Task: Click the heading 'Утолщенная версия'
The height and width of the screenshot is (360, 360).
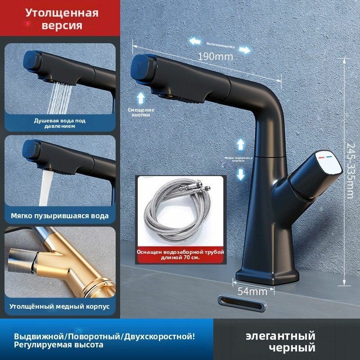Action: pos(62,18)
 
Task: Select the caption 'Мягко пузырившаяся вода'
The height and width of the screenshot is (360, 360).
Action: pos(60,216)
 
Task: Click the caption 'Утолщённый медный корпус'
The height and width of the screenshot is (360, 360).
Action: pos(60,306)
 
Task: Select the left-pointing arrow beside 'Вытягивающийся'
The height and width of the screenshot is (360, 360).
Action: pos(195,41)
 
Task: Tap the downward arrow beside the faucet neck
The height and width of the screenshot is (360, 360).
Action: pos(241,174)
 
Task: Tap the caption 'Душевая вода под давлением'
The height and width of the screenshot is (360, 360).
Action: pos(60,123)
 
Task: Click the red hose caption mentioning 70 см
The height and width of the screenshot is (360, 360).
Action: pos(180,256)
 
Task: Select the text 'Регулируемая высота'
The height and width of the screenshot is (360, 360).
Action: pos(58,345)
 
